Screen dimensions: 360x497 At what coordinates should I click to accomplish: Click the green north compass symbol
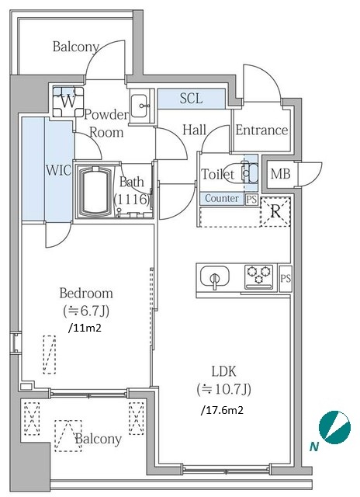point(334,427)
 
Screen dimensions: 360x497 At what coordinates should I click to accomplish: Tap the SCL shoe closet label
point(191,99)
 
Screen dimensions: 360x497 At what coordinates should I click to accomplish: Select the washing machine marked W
point(69,102)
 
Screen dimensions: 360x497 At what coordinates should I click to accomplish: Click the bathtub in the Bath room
point(96,191)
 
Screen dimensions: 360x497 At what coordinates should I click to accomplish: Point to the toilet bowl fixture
point(244,172)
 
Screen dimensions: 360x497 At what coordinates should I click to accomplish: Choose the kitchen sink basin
point(215,277)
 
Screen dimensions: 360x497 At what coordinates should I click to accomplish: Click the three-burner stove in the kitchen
point(258,276)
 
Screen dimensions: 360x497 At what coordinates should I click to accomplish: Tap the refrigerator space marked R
point(275,212)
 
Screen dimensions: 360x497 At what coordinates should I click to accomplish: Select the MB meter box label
point(281,174)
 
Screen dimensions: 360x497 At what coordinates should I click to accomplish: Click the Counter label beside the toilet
point(222,199)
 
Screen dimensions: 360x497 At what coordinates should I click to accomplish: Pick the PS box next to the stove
point(286,278)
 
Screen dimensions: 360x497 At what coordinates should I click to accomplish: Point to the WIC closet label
point(58,170)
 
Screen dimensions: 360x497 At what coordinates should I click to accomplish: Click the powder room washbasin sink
point(139,106)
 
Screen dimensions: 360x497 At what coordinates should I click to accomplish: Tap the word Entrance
point(261,130)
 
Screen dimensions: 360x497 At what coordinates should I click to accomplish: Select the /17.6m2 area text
point(222,410)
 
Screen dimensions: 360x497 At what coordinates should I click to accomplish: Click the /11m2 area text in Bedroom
point(85,328)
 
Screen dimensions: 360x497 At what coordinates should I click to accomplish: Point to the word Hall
point(195,130)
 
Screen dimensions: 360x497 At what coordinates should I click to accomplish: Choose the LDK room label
point(224,371)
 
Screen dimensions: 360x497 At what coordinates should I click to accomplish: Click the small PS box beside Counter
point(251,200)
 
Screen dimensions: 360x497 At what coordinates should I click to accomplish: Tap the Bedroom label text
point(86,294)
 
